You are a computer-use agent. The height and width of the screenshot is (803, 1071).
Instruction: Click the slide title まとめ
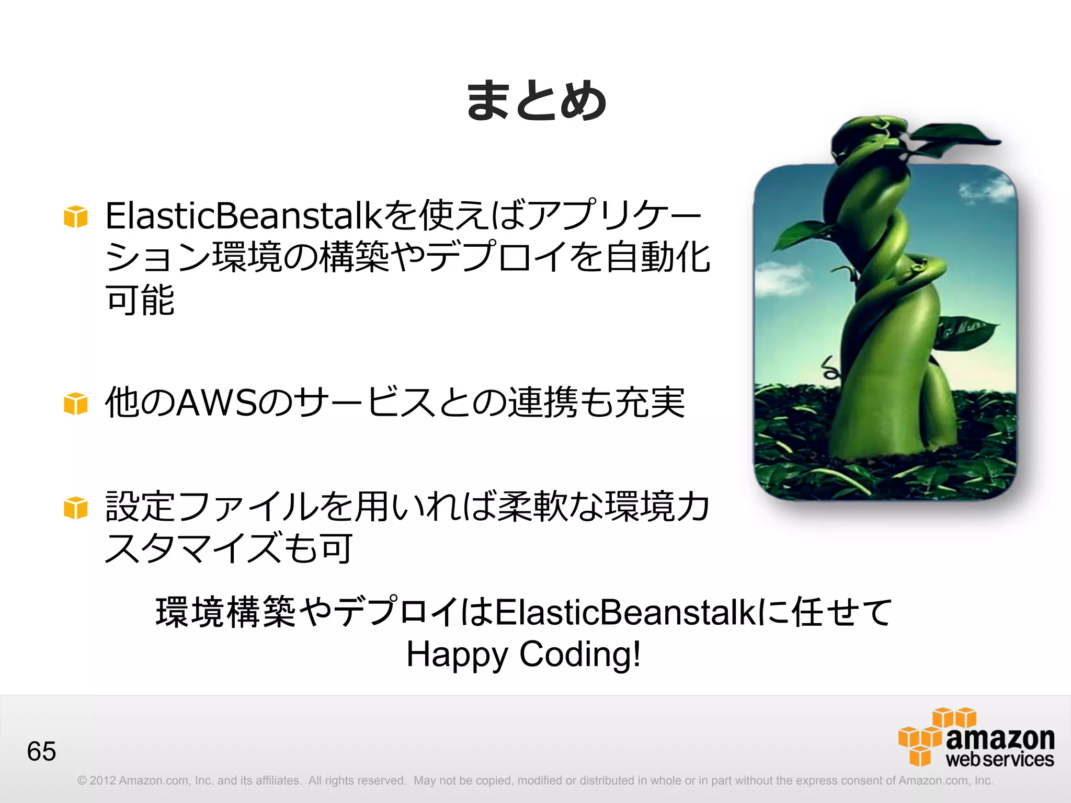(x=536, y=100)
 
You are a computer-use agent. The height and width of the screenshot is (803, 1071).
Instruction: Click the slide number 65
(x=41, y=751)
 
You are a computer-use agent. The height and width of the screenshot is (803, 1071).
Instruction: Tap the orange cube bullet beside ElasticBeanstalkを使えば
(x=76, y=216)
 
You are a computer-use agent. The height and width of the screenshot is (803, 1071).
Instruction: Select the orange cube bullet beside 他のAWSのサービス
(x=76, y=403)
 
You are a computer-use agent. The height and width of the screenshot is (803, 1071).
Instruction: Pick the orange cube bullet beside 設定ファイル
(x=76, y=508)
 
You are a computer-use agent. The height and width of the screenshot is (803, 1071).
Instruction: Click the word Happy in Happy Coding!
(x=457, y=655)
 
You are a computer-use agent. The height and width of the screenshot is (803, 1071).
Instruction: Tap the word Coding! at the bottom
(x=579, y=655)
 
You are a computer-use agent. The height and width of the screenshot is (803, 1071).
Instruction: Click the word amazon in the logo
(x=1000, y=738)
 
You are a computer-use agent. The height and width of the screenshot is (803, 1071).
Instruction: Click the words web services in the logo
(x=1000, y=760)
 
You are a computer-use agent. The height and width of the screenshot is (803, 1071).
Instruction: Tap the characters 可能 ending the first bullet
(x=140, y=300)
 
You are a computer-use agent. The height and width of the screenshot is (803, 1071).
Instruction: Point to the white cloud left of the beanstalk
(x=782, y=277)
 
